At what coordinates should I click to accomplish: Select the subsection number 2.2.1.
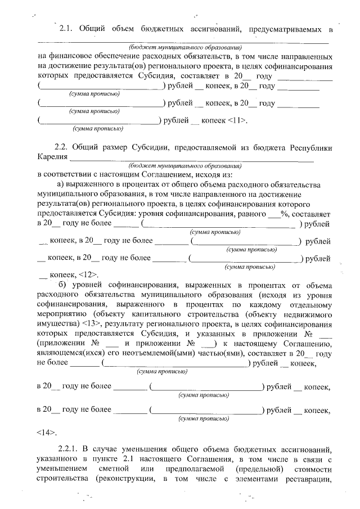pyautogui.click(x=70, y=448)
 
